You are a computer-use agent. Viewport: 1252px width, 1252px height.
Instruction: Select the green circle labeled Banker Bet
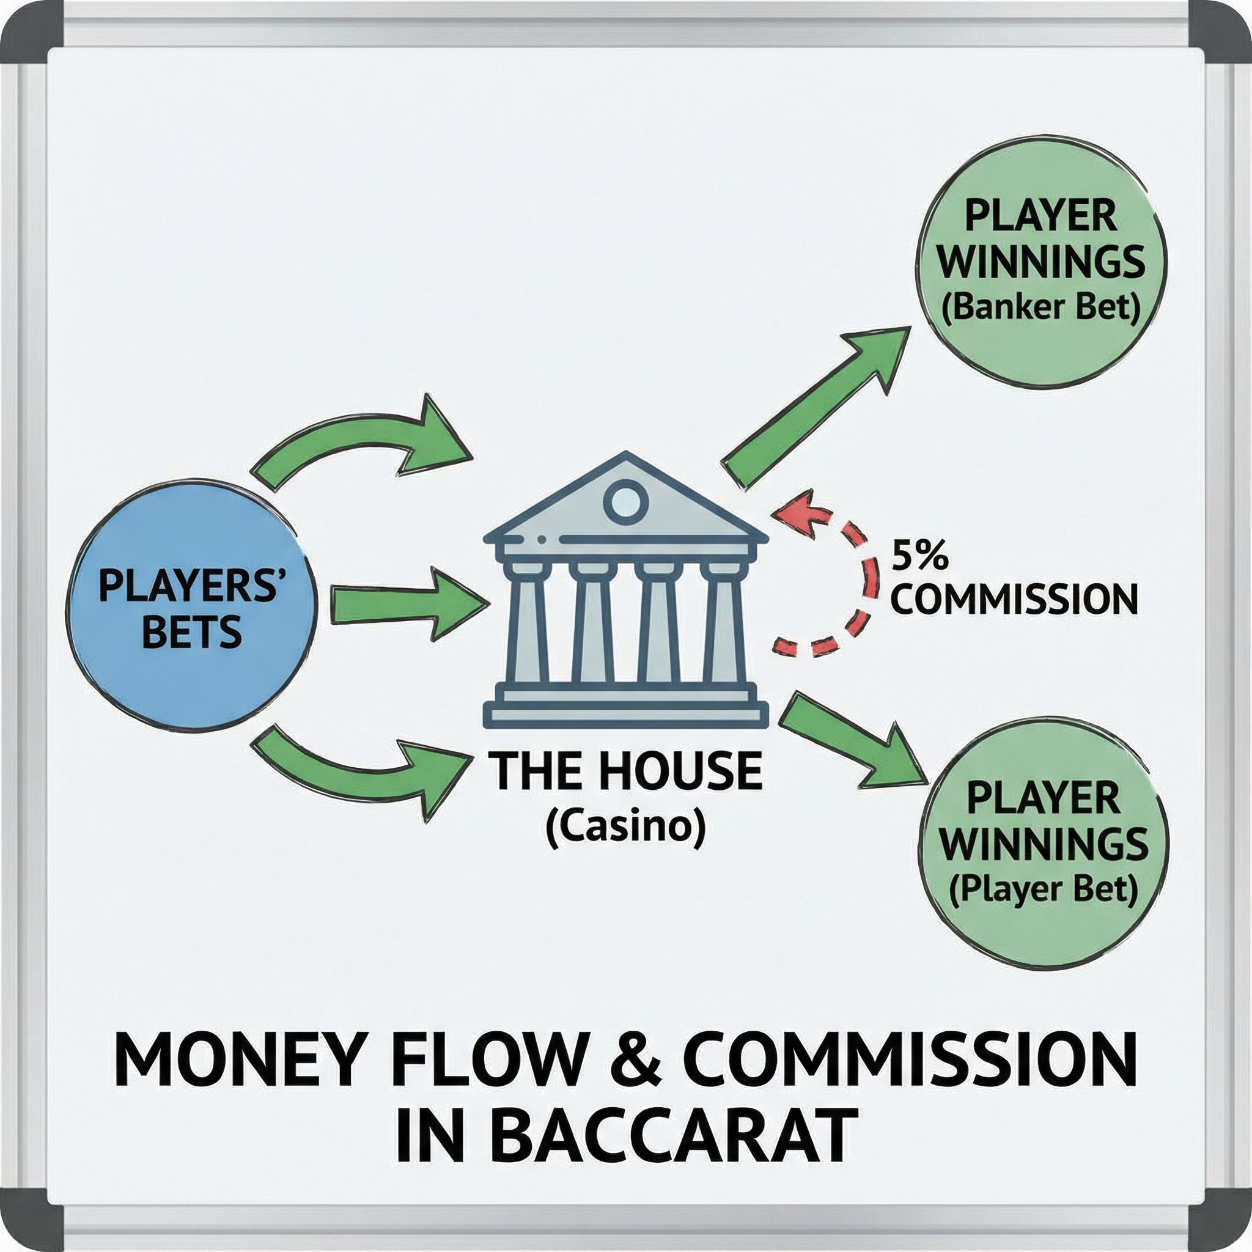[x=1040, y=262]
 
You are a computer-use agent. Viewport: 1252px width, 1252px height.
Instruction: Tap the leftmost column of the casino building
[x=526, y=622]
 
